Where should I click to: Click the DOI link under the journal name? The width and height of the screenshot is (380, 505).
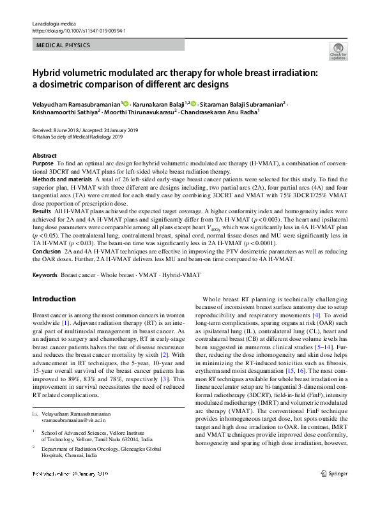(79, 30)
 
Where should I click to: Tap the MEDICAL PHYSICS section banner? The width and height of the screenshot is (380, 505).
(64, 45)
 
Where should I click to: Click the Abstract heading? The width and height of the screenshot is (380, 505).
(44, 156)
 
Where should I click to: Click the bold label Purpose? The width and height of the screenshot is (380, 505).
(43, 164)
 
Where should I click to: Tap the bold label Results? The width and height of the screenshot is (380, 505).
(42, 210)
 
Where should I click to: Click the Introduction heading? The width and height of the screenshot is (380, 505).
(54, 299)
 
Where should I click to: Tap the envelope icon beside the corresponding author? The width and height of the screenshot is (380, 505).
(34, 415)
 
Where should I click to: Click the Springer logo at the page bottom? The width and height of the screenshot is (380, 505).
(335, 492)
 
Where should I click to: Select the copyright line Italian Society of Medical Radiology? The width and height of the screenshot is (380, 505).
(70, 136)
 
